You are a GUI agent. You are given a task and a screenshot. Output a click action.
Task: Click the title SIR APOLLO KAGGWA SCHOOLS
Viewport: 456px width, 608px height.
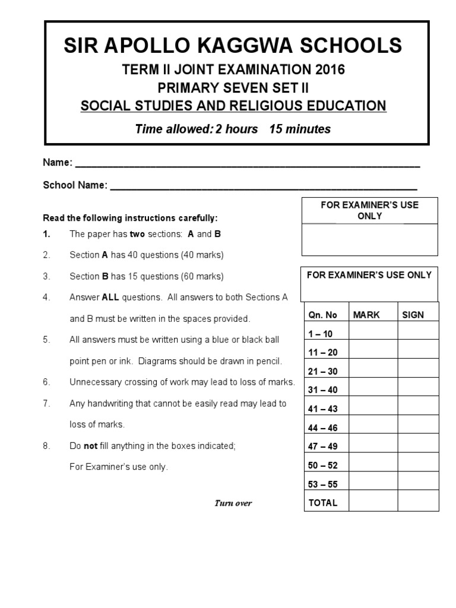pos(233,46)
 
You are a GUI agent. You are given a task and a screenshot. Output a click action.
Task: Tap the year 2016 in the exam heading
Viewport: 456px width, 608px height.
pos(326,70)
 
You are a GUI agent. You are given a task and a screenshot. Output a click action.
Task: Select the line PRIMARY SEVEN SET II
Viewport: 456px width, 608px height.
pos(233,88)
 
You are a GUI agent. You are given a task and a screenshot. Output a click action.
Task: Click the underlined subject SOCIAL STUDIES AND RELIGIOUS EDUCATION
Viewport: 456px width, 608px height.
pos(233,106)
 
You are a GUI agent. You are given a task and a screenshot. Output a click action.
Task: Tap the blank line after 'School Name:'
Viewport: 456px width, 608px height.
pos(264,186)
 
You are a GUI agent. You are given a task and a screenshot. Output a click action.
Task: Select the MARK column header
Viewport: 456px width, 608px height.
pos(366,315)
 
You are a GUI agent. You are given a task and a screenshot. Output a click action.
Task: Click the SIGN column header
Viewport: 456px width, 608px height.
pos(413,315)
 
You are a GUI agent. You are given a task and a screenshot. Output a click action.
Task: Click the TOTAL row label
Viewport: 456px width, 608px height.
pos(322,502)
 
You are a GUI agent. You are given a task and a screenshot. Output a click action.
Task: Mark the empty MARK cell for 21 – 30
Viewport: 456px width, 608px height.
pos(373,371)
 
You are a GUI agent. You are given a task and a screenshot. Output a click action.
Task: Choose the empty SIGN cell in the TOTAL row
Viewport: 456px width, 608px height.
pos(418,502)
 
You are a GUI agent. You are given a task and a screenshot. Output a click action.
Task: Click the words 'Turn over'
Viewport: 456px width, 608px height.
pos(233,503)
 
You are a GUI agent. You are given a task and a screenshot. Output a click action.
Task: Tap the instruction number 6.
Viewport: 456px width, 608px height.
pos(46,382)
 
